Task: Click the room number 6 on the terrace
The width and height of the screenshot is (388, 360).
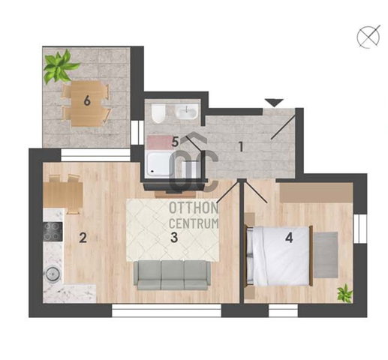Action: [87, 101]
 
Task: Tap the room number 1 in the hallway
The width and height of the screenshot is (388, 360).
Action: [241, 147]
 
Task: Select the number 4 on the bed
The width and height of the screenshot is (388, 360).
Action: [289, 238]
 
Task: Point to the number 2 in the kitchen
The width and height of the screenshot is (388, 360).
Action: [83, 238]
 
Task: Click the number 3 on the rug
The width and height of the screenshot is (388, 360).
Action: [174, 238]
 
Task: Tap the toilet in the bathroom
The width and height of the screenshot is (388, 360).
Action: [158, 114]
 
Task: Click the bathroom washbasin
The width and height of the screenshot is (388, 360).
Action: [187, 112]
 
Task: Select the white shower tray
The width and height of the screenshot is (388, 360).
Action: [160, 165]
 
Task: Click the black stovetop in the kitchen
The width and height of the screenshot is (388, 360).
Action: [53, 232]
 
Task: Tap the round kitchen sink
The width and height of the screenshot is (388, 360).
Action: [53, 274]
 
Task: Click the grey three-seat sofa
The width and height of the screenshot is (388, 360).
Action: [172, 275]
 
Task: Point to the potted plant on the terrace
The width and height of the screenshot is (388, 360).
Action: [60, 66]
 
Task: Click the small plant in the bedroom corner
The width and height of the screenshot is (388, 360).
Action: [344, 292]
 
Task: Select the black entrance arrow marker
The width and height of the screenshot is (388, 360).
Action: [274, 103]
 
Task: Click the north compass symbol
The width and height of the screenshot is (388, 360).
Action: [368, 37]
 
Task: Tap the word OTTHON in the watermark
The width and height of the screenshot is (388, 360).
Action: [194, 208]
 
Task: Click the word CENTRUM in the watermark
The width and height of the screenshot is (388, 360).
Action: [194, 223]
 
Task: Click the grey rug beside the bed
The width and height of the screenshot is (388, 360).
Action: [326, 255]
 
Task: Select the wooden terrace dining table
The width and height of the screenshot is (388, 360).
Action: [86, 103]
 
